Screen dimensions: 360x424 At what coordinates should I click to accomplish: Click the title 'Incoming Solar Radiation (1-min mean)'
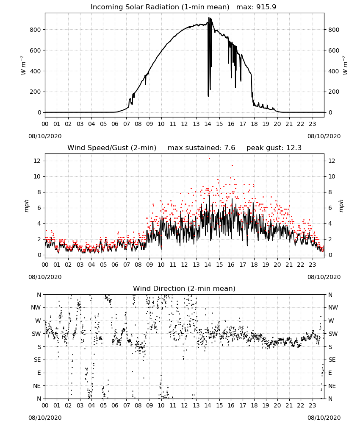tap(160, 7)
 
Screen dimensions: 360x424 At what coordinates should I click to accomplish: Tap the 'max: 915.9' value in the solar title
tap(256, 7)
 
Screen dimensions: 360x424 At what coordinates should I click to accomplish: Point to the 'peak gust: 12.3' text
tap(274, 148)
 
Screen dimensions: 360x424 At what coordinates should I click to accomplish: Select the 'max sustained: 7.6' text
tap(202, 148)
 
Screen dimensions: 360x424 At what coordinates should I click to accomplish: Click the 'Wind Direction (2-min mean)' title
tap(184, 288)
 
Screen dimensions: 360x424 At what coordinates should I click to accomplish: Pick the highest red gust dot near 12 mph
tap(209, 159)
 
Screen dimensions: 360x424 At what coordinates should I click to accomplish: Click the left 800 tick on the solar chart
tap(35, 30)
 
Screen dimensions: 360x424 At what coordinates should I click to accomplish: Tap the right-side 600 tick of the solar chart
tap(334, 50)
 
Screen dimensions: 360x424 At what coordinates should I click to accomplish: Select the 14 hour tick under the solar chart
tap(208, 124)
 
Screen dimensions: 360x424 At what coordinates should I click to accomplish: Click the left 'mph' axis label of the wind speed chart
tap(26, 206)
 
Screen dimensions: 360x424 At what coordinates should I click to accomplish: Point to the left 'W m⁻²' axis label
tap(23, 65)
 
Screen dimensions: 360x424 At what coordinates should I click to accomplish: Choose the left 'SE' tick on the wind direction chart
tap(37, 360)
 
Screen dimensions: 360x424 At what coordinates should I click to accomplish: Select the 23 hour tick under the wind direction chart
tap(312, 406)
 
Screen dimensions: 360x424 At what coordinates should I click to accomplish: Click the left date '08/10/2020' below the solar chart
tap(45, 136)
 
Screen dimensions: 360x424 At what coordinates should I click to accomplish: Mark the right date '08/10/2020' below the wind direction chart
tap(324, 418)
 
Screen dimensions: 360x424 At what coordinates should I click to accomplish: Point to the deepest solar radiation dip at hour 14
tap(208, 96)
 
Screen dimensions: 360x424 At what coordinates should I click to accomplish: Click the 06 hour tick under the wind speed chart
tap(115, 265)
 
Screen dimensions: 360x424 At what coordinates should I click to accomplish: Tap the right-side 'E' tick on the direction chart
tap(330, 373)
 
